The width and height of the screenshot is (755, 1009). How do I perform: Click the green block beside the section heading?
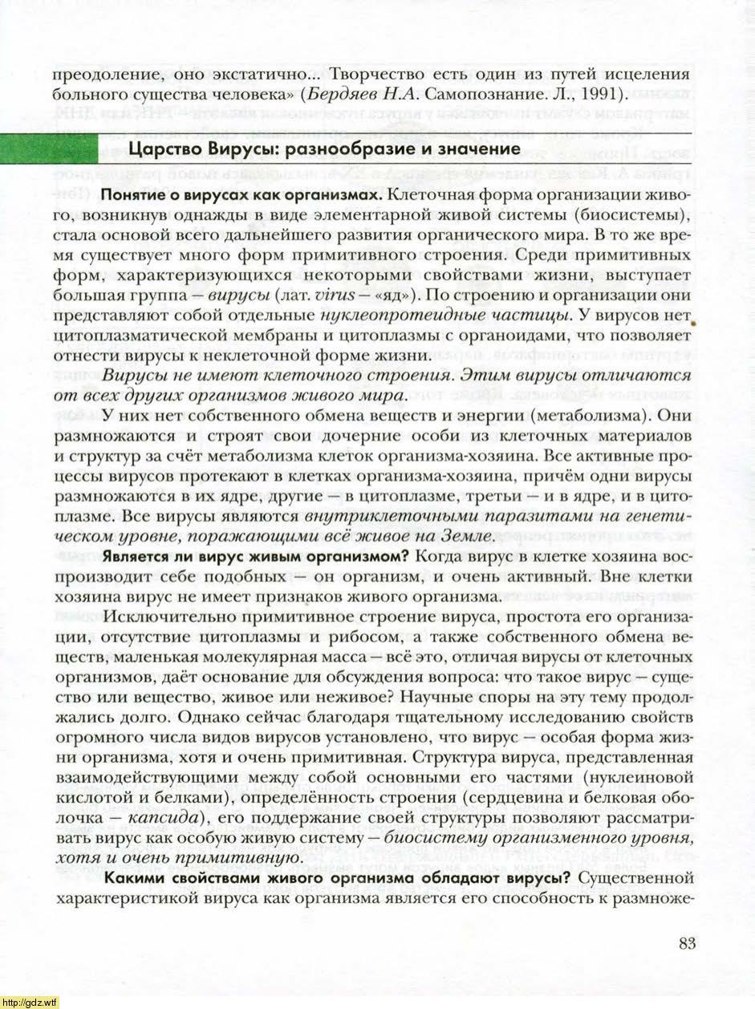coord(49,149)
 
